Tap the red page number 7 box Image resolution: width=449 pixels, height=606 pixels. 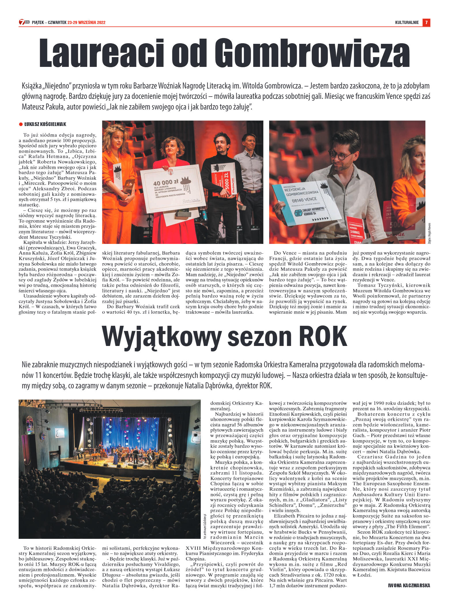(x=426, y=22)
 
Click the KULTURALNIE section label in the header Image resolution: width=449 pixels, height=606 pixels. (x=407, y=22)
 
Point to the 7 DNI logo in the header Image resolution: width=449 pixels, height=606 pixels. (x=24, y=22)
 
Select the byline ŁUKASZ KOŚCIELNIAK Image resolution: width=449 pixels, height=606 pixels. (x=45, y=124)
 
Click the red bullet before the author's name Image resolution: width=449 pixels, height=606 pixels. (x=21, y=124)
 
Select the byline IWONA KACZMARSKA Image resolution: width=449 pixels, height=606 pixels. (x=409, y=585)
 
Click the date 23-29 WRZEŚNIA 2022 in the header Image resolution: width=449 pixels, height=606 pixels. (x=86, y=22)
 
